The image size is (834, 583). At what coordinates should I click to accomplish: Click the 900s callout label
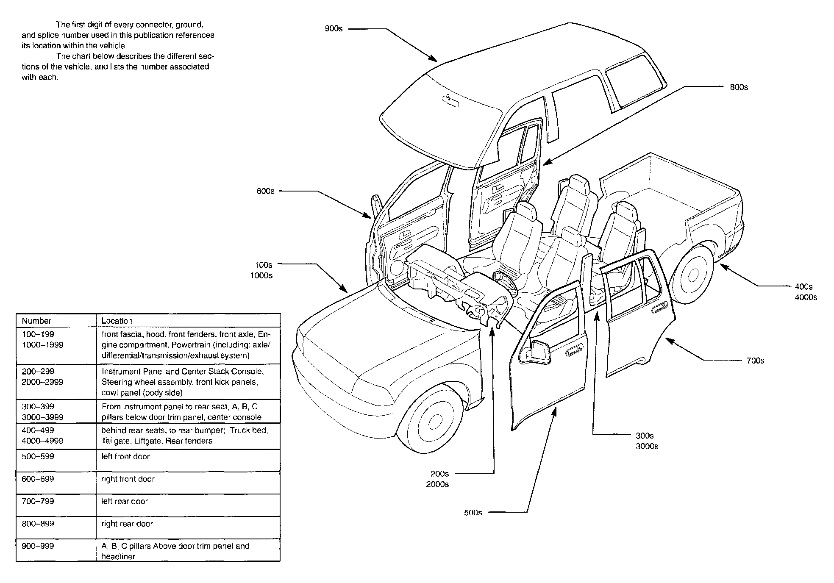(x=334, y=29)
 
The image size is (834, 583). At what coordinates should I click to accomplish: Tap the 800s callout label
(x=739, y=87)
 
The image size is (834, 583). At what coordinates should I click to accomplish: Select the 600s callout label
(x=265, y=192)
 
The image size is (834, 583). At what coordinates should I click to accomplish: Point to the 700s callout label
(x=755, y=361)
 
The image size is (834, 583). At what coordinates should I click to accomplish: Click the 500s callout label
(x=473, y=513)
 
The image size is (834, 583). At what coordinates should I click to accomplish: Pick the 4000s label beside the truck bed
(x=806, y=297)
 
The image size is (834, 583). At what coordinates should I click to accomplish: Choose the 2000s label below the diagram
(x=437, y=484)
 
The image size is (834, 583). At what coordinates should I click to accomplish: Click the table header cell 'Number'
(x=36, y=321)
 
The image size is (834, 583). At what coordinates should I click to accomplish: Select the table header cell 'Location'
(x=117, y=321)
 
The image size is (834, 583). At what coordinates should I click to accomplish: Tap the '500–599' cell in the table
(x=38, y=457)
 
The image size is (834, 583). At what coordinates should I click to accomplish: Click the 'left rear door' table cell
(x=125, y=502)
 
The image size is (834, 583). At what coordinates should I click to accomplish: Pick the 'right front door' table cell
(x=128, y=479)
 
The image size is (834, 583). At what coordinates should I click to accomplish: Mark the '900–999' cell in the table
(x=38, y=546)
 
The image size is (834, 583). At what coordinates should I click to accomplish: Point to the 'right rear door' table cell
(x=127, y=524)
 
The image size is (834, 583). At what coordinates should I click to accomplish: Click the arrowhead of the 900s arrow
(x=434, y=60)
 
